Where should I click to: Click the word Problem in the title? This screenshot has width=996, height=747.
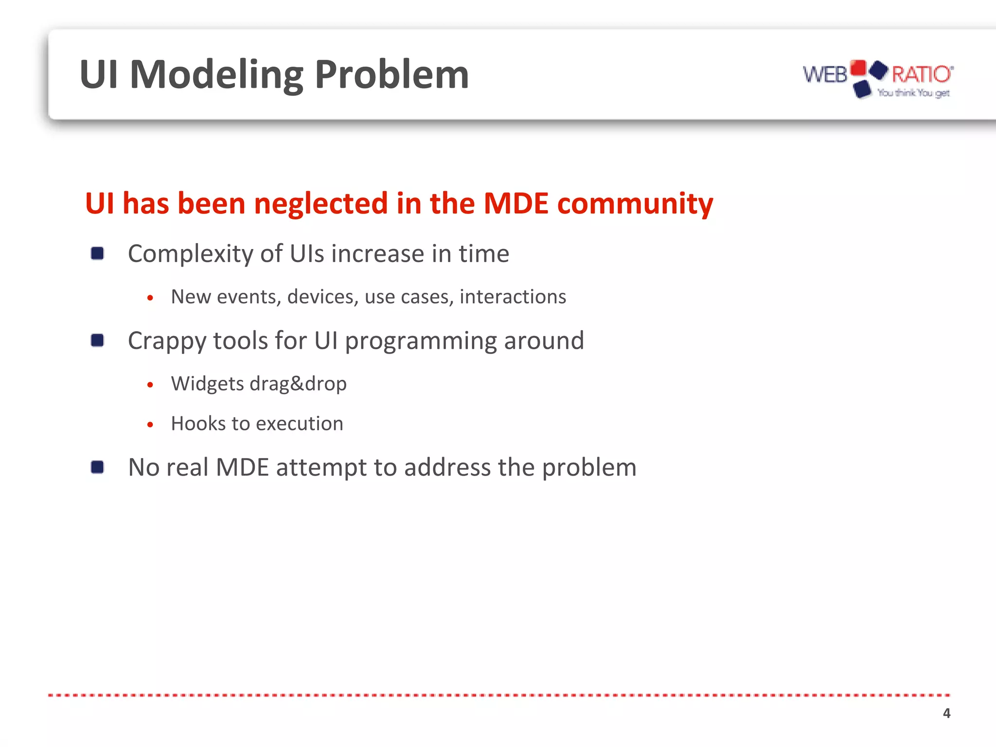point(391,74)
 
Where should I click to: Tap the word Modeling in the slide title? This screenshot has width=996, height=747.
point(216,74)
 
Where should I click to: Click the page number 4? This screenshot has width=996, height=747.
point(946,713)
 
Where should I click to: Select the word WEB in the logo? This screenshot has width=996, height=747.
point(824,74)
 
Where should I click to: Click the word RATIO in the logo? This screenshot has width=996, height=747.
point(921,74)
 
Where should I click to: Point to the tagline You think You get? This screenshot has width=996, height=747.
point(913,92)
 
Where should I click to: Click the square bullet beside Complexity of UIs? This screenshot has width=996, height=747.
point(97,253)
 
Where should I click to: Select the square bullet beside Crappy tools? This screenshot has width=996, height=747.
point(97,340)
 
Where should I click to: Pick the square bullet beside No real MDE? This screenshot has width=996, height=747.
point(97,467)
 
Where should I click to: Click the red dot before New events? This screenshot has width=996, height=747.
point(150,298)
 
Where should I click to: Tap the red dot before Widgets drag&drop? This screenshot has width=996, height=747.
point(150,385)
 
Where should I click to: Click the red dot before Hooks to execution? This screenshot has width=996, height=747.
point(150,425)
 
